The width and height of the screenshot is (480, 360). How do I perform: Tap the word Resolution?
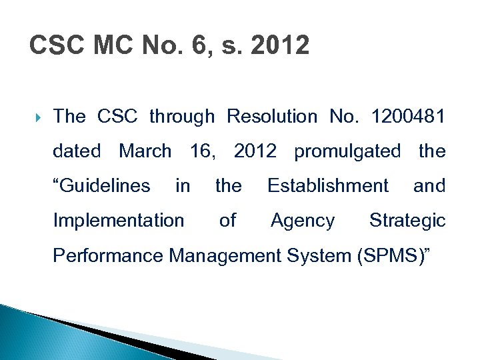pos(272,117)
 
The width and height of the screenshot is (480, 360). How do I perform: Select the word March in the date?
pos(145,151)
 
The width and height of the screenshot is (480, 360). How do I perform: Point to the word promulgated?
pos(347,151)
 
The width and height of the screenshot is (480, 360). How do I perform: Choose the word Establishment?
pos(327,185)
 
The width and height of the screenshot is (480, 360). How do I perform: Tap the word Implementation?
pos(118,220)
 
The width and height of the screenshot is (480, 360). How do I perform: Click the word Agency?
pos(303,220)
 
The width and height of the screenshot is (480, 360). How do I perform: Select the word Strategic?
pos(407,220)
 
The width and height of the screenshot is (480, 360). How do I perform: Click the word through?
pos(182,117)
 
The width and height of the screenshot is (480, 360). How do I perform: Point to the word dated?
pos(77,151)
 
